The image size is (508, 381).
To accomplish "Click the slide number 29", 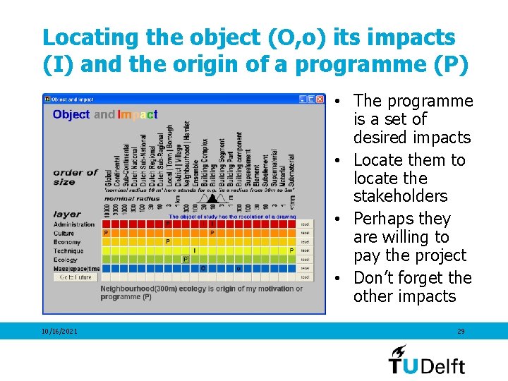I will click(461, 331).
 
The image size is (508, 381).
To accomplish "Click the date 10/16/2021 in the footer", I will click(60, 331).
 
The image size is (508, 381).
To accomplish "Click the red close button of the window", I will click(320, 99).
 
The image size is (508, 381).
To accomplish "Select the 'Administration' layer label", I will click(74, 224).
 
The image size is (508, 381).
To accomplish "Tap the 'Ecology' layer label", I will click(66, 260).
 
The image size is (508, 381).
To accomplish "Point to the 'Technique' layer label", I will click(68, 250).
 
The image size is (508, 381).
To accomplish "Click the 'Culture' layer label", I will click(64, 233).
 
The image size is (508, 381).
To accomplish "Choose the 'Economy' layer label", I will click(67, 242).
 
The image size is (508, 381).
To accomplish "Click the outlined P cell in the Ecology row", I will click(186, 260).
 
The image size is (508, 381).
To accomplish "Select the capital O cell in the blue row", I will click(203, 269).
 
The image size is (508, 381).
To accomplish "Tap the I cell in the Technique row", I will click(195, 250).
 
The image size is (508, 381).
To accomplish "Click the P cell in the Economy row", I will click(168, 242).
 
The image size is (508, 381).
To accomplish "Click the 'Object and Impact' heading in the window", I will click(105, 114).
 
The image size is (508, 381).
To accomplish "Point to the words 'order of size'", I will click(75, 177).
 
